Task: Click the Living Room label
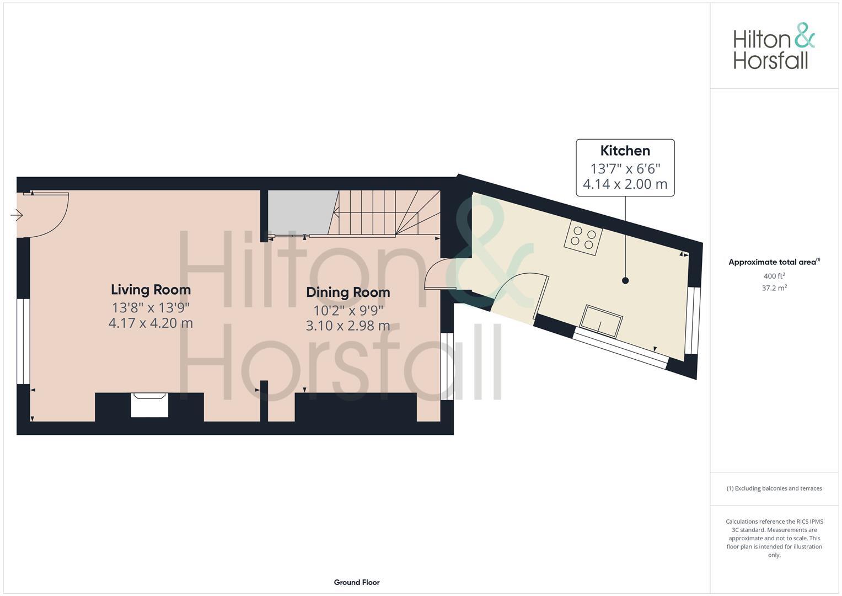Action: point(151,290)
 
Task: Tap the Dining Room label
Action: point(348,292)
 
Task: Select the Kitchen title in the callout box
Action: point(625,151)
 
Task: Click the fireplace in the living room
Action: point(149,405)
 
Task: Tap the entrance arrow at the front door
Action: point(17,215)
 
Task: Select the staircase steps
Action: point(386,213)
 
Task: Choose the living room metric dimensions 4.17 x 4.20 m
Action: point(151,323)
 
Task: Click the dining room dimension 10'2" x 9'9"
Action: point(348,310)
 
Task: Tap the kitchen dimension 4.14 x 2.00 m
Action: point(625,184)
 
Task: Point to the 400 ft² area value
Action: point(774,276)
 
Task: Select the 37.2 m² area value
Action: point(774,288)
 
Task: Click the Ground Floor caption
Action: point(356,582)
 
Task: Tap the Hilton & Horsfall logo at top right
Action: point(773,46)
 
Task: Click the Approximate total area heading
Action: point(774,262)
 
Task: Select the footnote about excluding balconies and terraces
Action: point(774,488)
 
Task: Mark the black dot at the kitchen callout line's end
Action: point(625,280)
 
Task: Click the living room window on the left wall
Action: point(23,341)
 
